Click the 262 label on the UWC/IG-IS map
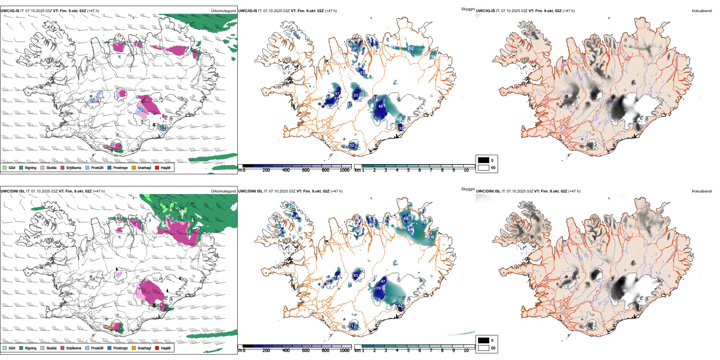pos(410,49)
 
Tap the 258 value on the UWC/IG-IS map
pos(432,57)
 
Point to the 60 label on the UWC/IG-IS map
pos(380,106)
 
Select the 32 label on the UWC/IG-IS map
pos(401,128)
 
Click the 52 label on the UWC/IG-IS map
pos(352,146)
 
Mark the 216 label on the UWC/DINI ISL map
pos(431,237)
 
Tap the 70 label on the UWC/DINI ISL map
pos(378,288)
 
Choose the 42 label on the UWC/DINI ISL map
pos(400,306)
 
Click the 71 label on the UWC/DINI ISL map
pos(352,326)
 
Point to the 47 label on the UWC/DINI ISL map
pos(383,282)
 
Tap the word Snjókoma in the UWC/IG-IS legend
pos(74,168)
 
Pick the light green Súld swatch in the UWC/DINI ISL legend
pos(5,348)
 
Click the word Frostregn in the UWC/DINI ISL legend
pos(120,348)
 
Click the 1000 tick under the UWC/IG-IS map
pos(344,170)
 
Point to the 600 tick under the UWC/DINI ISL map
pos(305,351)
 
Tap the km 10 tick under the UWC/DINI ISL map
pos(466,351)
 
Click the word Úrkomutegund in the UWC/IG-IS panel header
pos(223,11)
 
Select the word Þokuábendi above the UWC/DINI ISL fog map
pos(702,191)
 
